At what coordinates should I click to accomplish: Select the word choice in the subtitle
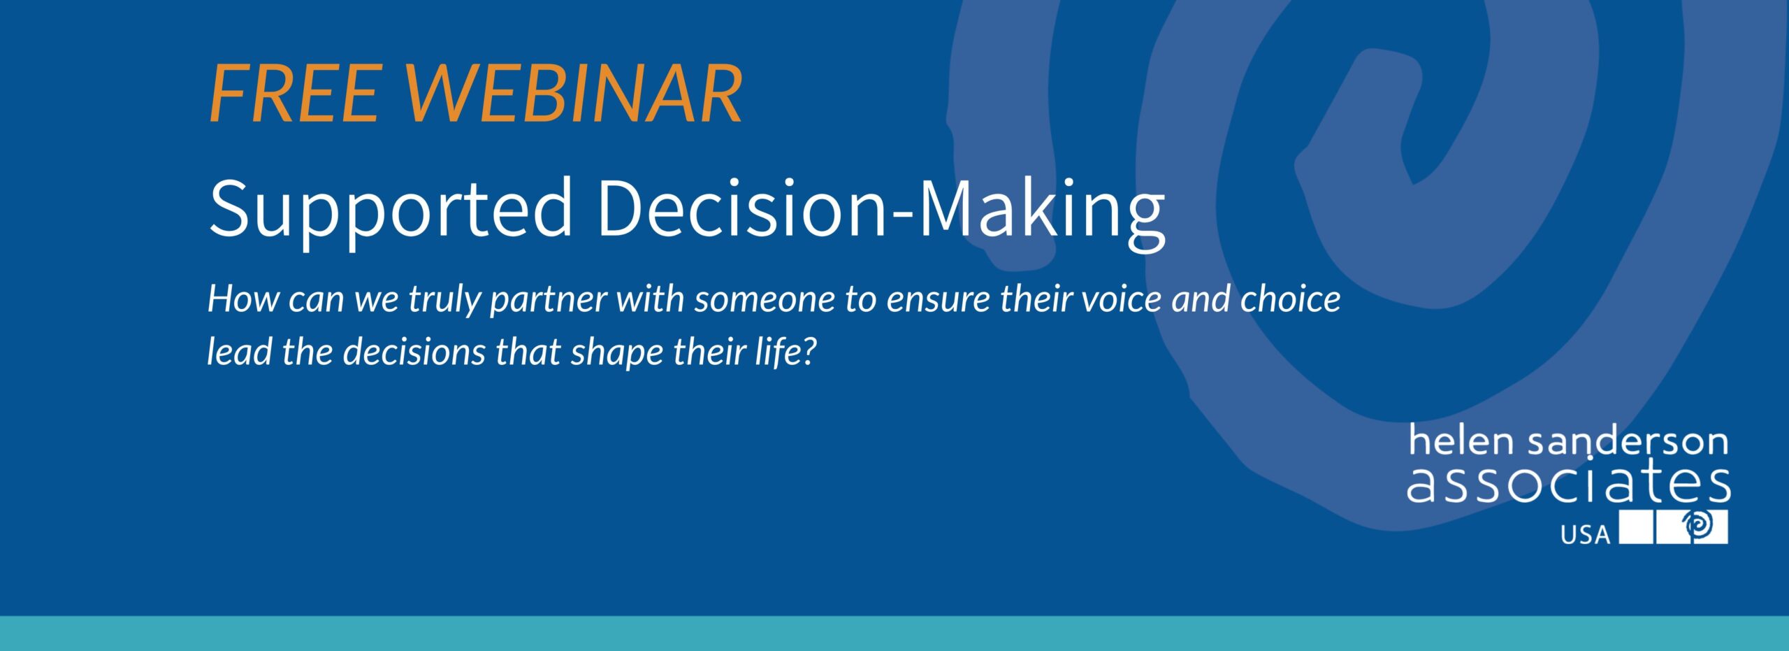point(1290,299)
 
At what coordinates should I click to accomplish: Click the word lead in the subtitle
point(239,352)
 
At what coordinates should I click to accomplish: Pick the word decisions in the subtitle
point(414,352)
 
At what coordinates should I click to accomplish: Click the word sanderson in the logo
point(1629,441)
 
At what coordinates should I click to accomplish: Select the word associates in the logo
point(1569,482)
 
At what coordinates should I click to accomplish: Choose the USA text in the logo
point(1586,535)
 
